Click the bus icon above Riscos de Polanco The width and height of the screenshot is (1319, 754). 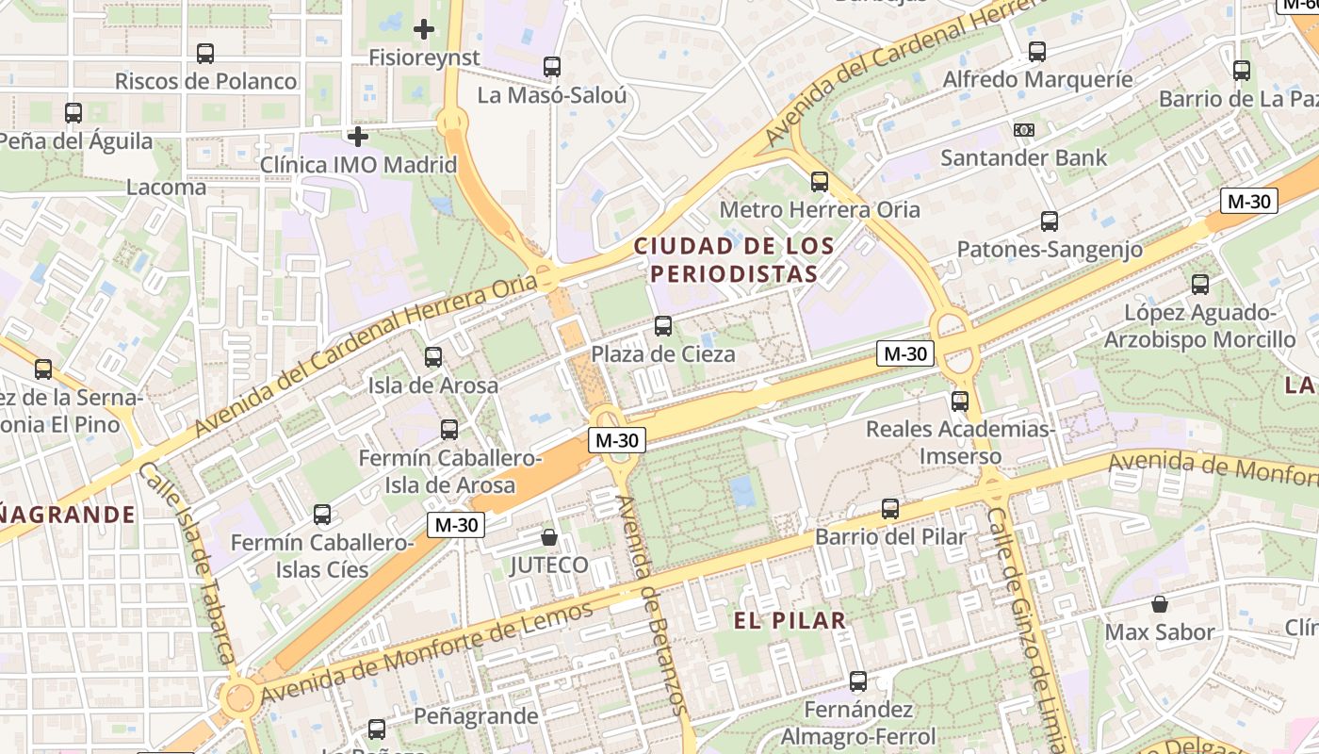point(205,54)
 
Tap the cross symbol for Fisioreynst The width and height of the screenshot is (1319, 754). point(424,29)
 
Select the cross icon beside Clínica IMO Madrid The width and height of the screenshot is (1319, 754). point(357,137)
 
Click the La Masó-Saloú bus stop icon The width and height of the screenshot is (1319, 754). point(552,67)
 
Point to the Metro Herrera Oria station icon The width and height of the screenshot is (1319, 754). point(820,182)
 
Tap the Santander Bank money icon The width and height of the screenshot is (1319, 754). point(1023,129)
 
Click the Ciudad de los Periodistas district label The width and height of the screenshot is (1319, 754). point(733,260)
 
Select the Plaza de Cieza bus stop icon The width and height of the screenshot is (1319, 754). point(663,326)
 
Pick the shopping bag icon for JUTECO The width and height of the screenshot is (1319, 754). point(549,537)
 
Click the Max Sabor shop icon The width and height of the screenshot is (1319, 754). point(1160,603)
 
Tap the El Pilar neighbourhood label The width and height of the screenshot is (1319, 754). point(790,620)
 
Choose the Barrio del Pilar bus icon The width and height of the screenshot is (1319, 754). point(890,509)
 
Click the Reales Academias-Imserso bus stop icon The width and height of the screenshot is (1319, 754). point(960,402)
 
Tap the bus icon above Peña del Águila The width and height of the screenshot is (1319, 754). point(73,113)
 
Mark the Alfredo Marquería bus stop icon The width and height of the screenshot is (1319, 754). point(1037,51)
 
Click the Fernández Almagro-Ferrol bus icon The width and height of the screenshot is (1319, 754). point(858,680)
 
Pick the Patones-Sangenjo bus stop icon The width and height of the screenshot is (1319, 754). point(1050,221)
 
